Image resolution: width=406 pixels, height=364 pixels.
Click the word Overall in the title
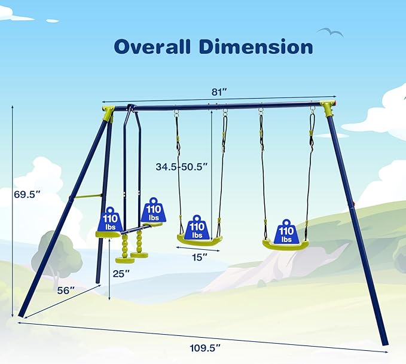click(x=152, y=47)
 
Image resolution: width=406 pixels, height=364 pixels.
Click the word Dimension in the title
click(x=256, y=47)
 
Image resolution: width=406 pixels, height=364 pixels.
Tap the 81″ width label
click(x=219, y=92)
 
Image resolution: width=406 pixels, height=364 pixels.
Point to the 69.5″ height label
click(x=27, y=194)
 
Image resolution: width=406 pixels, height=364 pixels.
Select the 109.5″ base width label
click(x=205, y=348)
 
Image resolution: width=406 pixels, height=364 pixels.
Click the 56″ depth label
click(x=66, y=290)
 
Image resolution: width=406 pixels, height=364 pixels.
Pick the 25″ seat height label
click(x=121, y=274)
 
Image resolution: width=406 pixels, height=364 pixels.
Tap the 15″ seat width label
click(x=200, y=258)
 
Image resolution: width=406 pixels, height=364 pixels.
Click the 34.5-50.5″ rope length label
click(x=182, y=167)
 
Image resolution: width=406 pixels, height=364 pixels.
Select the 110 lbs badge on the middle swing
click(x=197, y=227)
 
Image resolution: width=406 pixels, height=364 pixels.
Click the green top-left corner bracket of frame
click(x=108, y=114)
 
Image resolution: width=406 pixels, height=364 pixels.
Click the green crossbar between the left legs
click(x=87, y=197)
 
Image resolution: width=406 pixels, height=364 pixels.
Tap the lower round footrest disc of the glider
click(x=125, y=260)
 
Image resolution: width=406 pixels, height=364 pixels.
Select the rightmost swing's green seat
click(x=286, y=245)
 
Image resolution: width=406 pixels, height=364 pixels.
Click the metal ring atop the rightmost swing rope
click(x=313, y=111)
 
